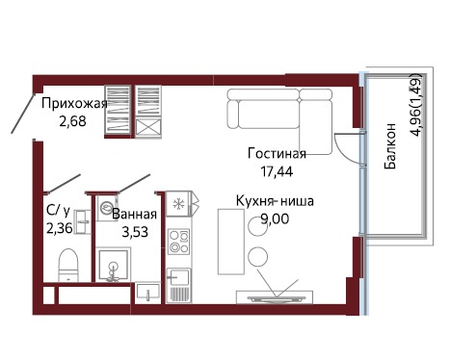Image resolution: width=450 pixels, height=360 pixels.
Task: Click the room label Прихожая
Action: tap(74, 104)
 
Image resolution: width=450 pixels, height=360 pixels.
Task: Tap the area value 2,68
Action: tap(72, 121)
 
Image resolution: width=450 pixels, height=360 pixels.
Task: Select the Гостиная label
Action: tap(277, 154)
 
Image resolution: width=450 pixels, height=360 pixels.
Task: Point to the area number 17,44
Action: tap(277, 171)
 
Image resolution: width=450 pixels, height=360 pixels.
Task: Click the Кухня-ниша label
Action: tap(275, 201)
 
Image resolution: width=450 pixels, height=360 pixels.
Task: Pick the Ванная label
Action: tap(134, 215)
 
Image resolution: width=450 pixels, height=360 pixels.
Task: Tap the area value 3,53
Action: tap(135, 232)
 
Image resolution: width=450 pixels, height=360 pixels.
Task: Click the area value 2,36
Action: tap(60, 229)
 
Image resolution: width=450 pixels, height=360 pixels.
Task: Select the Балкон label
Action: tap(390, 145)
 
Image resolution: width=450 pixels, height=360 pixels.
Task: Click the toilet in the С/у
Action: tap(68, 265)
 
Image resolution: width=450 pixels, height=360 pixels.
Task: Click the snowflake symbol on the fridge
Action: tap(177, 204)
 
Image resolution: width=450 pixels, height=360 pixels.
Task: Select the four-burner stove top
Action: tap(179, 242)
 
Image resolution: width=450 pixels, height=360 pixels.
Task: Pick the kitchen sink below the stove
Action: tap(179, 277)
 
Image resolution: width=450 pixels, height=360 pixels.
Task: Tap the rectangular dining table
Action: tap(230, 242)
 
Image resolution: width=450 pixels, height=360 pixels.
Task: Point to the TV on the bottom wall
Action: tap(275, 298)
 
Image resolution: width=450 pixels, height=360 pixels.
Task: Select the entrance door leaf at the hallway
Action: tap(22, 114)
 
